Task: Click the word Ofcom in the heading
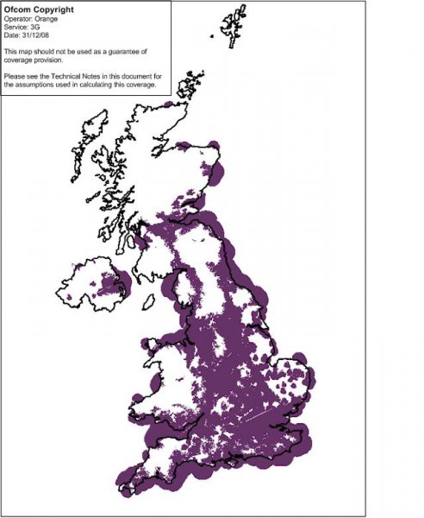[x=20, y=9]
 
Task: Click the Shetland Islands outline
[x=231, y=30]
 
